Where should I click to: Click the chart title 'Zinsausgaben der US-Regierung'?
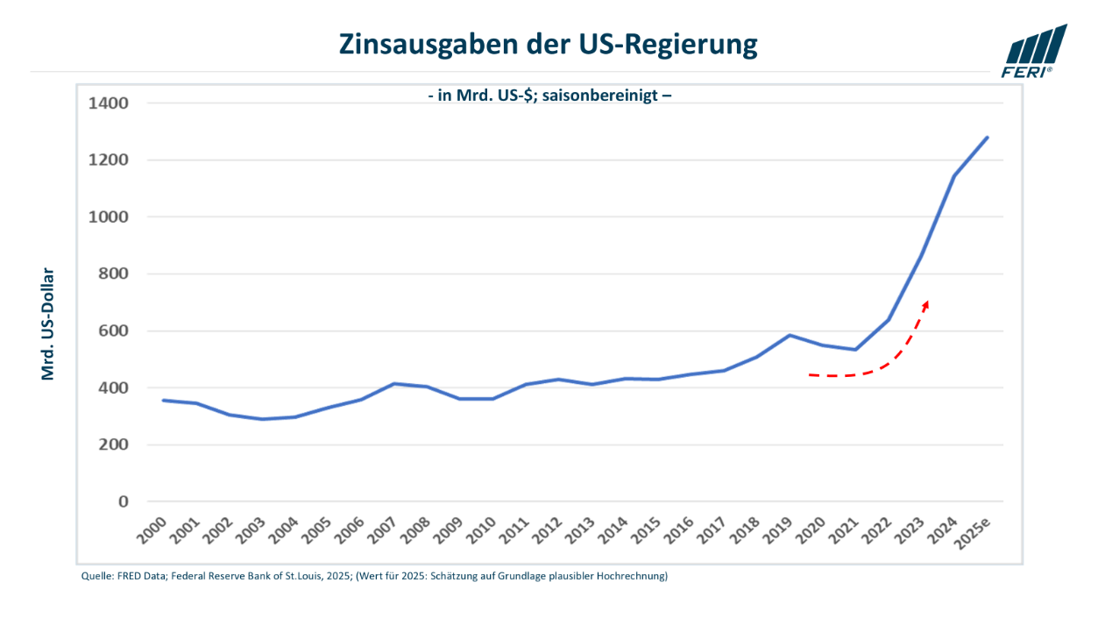548,45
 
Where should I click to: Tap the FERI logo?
1033,52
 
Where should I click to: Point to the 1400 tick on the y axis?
108,103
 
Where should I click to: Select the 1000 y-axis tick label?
108,217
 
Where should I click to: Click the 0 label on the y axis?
123,501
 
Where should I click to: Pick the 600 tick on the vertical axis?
113,330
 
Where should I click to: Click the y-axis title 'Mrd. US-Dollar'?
47,324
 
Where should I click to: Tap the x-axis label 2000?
152,530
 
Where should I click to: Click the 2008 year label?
415,530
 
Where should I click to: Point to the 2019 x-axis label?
778,530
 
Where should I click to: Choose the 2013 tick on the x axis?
580,530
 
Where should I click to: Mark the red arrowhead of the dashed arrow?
925,306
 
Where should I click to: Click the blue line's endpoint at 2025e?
988,138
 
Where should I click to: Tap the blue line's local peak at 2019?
790,336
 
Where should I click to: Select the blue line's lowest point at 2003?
262,419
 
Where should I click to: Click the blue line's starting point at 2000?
163,401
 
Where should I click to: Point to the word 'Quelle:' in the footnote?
97,576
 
